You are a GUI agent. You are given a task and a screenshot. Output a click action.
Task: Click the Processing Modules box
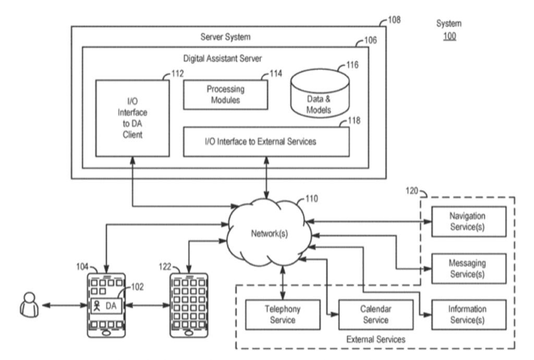coord(226,94)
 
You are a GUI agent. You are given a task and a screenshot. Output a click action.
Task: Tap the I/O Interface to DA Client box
coord(132,118)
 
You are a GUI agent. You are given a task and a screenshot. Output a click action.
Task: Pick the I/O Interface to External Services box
coord(266,141)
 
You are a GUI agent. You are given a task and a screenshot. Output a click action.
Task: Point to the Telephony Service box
coord(282,314)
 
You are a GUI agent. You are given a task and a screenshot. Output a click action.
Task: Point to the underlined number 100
coord(448,38)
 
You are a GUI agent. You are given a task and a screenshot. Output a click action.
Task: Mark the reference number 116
coord(353,67)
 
